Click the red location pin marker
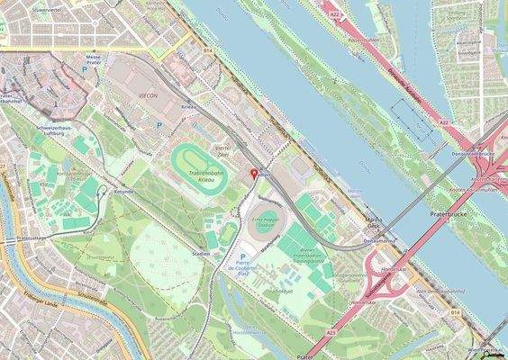click(x=253, y=172)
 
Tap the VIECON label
click(x=150, y=92)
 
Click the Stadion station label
click(x=202, y=253)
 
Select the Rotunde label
click(x=124, y=192)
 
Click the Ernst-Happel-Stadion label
click(x=267, y=221)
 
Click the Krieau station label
click(x=189, y=106)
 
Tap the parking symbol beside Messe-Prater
click(x=86, y=68)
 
